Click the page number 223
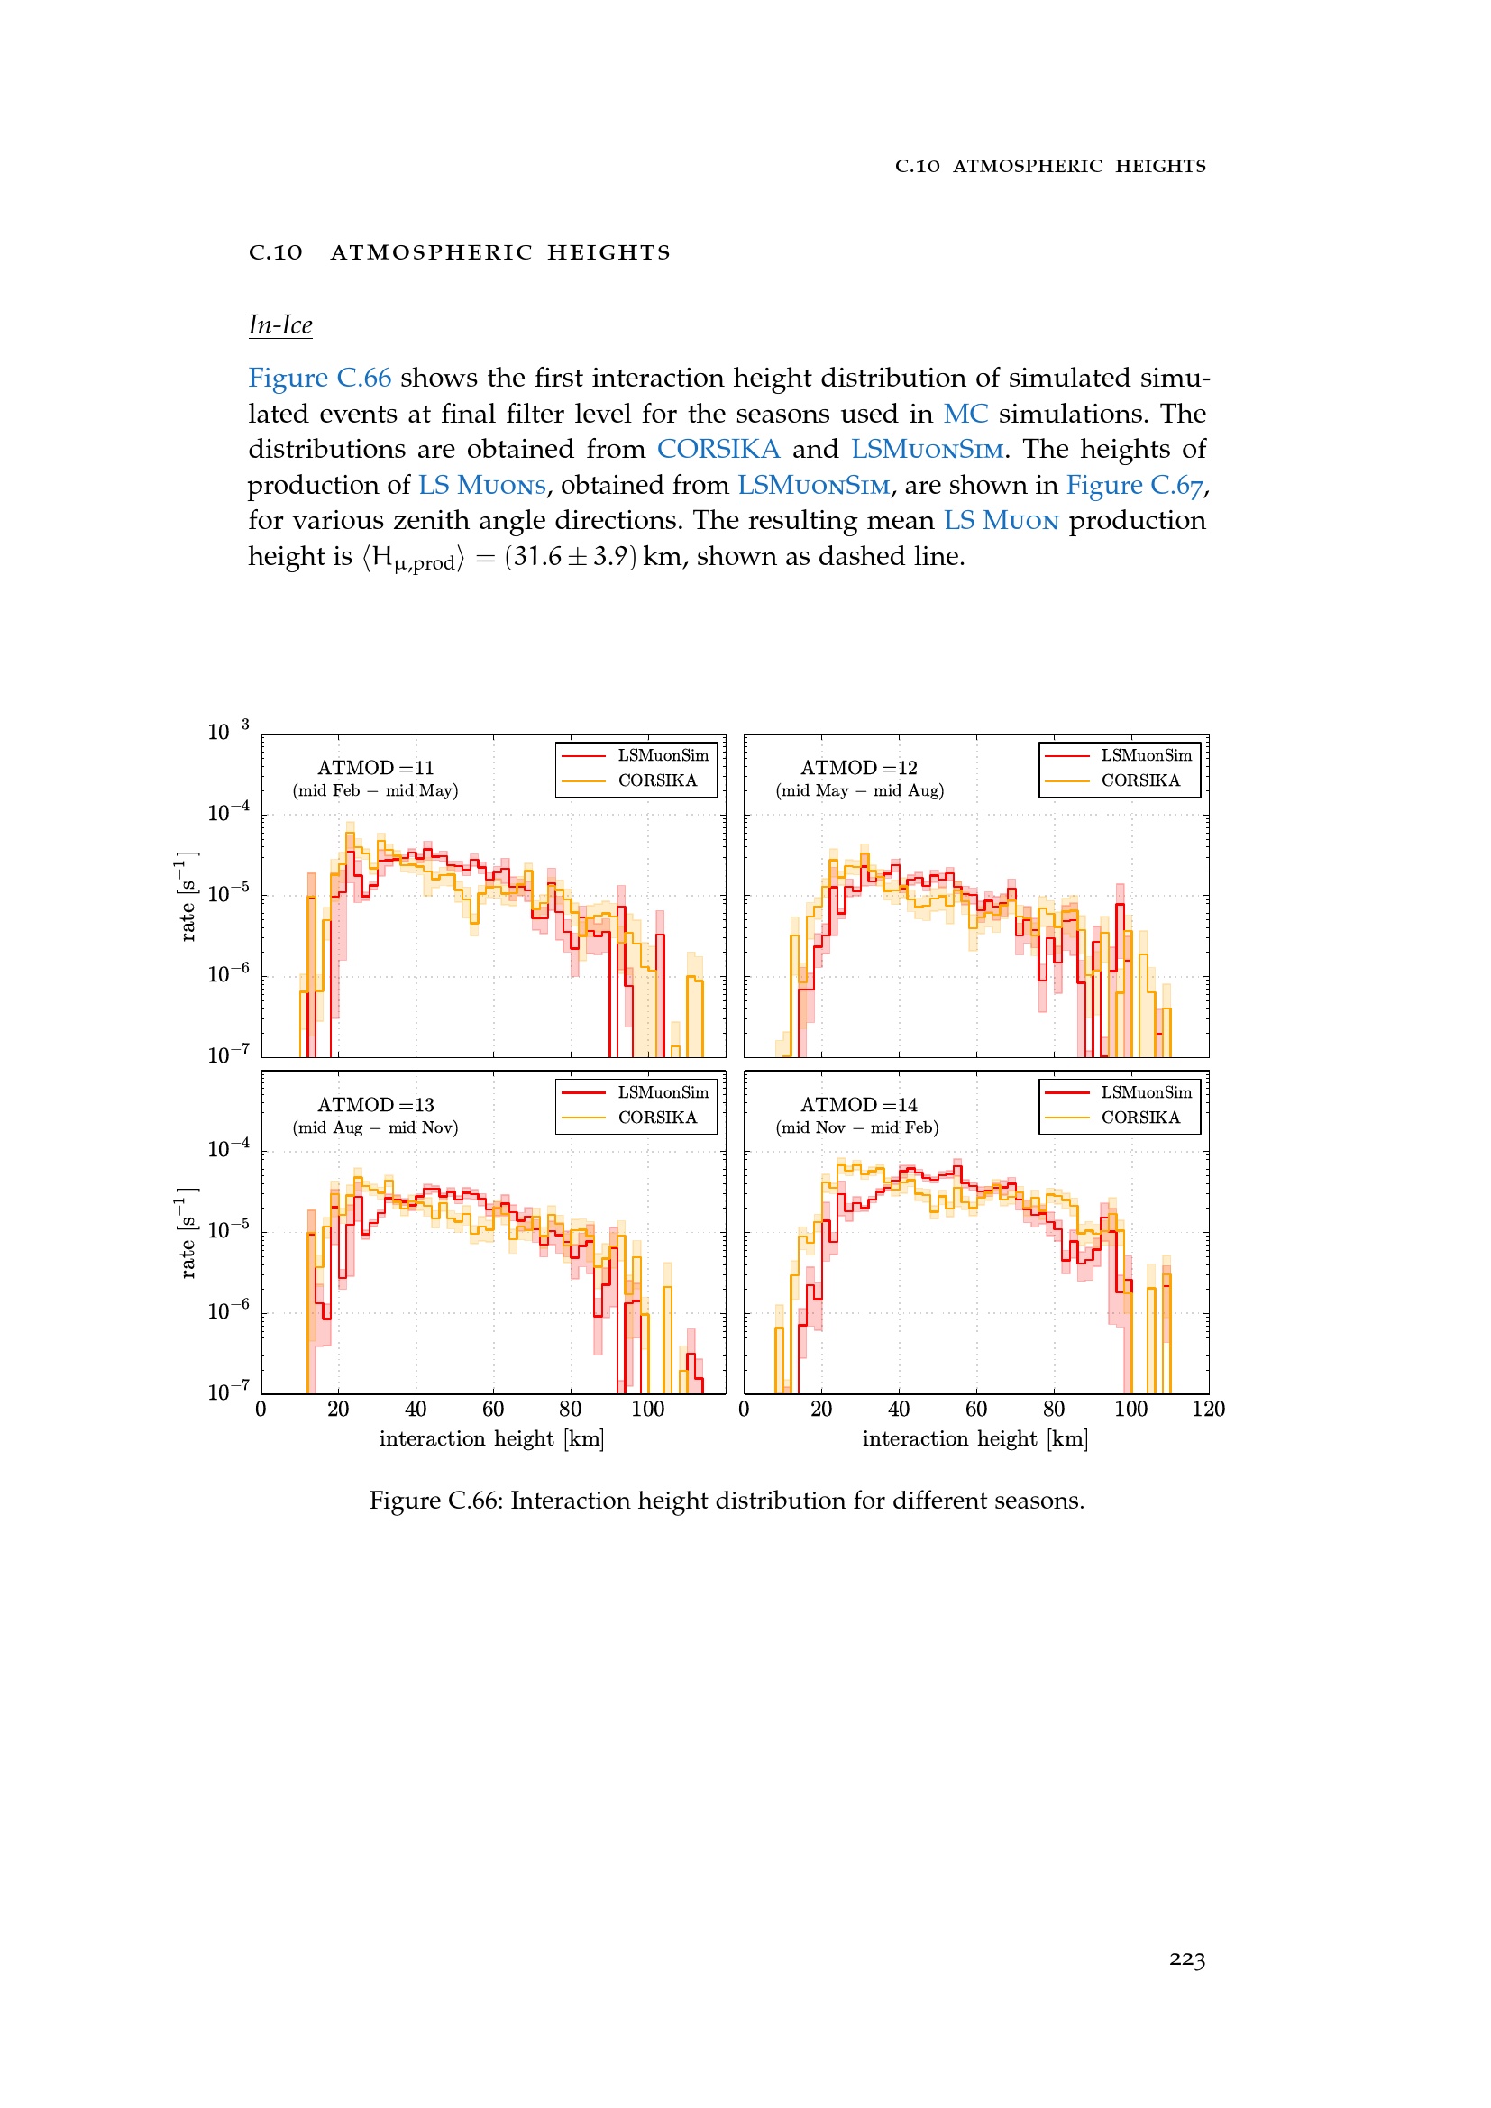[x=1186, y=1959]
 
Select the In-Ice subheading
[x=280, y=325]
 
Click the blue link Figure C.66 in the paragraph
[x=319, y=378]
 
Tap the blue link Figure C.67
[x=1134, y=485]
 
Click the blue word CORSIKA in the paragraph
[x=718, y=449]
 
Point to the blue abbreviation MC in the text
[x=965, y=413]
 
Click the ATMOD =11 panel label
[x=376, y=768]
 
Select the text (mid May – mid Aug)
[x=859, y=790]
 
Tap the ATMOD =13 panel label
[x=376, y=1105]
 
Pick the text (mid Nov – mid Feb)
[x=857, y=1127]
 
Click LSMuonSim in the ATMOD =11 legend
[x=663, y=755]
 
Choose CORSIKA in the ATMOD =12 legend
[x=1140, y=780]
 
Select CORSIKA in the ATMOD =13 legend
[x=657, y=1118]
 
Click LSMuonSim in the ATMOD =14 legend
[x=1146, y=1092]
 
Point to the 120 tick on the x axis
[x=1208, y=1410]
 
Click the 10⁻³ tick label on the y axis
[x=228, y=731]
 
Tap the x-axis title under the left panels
[x=492, y=1439]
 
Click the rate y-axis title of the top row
[x=188, y=896]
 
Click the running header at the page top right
[x=1050, y=166]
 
